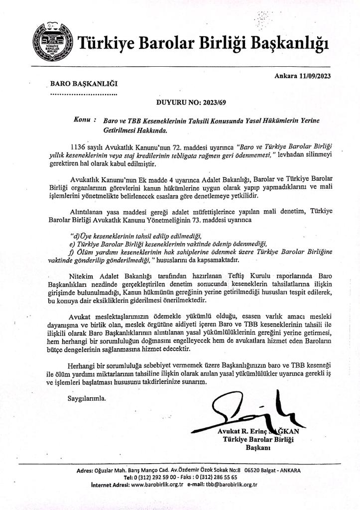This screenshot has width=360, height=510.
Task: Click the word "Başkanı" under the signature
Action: [x=258, y=448]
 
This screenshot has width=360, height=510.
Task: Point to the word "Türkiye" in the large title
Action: [x=105, y=44]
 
